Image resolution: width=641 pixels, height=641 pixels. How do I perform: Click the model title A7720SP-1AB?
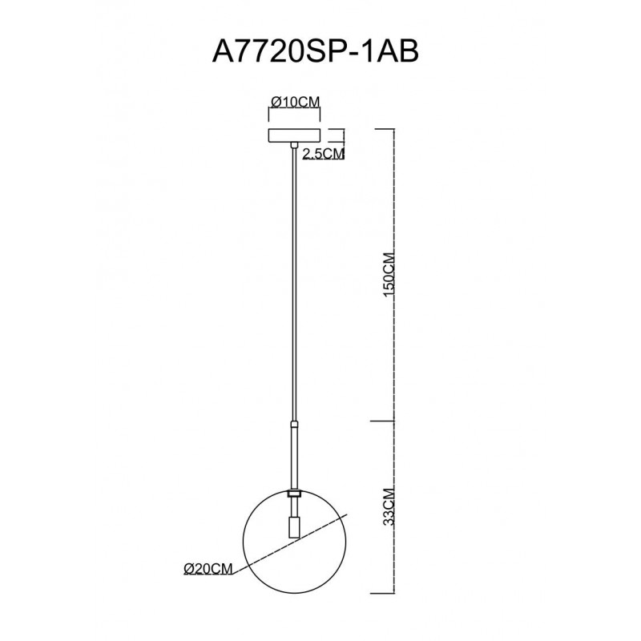(316, 52)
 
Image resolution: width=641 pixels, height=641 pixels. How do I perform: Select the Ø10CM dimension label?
(295, 102)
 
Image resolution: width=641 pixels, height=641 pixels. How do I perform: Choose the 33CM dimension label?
(389, 507)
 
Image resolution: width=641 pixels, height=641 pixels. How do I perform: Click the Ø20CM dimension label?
(208, 568)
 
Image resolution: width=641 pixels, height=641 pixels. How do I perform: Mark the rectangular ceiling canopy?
(294, 135)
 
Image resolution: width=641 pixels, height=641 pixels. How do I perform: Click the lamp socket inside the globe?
(294, 527)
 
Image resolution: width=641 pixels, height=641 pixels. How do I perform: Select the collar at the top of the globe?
(294, 494)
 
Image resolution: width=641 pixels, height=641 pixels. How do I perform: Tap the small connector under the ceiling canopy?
(294, 145)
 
